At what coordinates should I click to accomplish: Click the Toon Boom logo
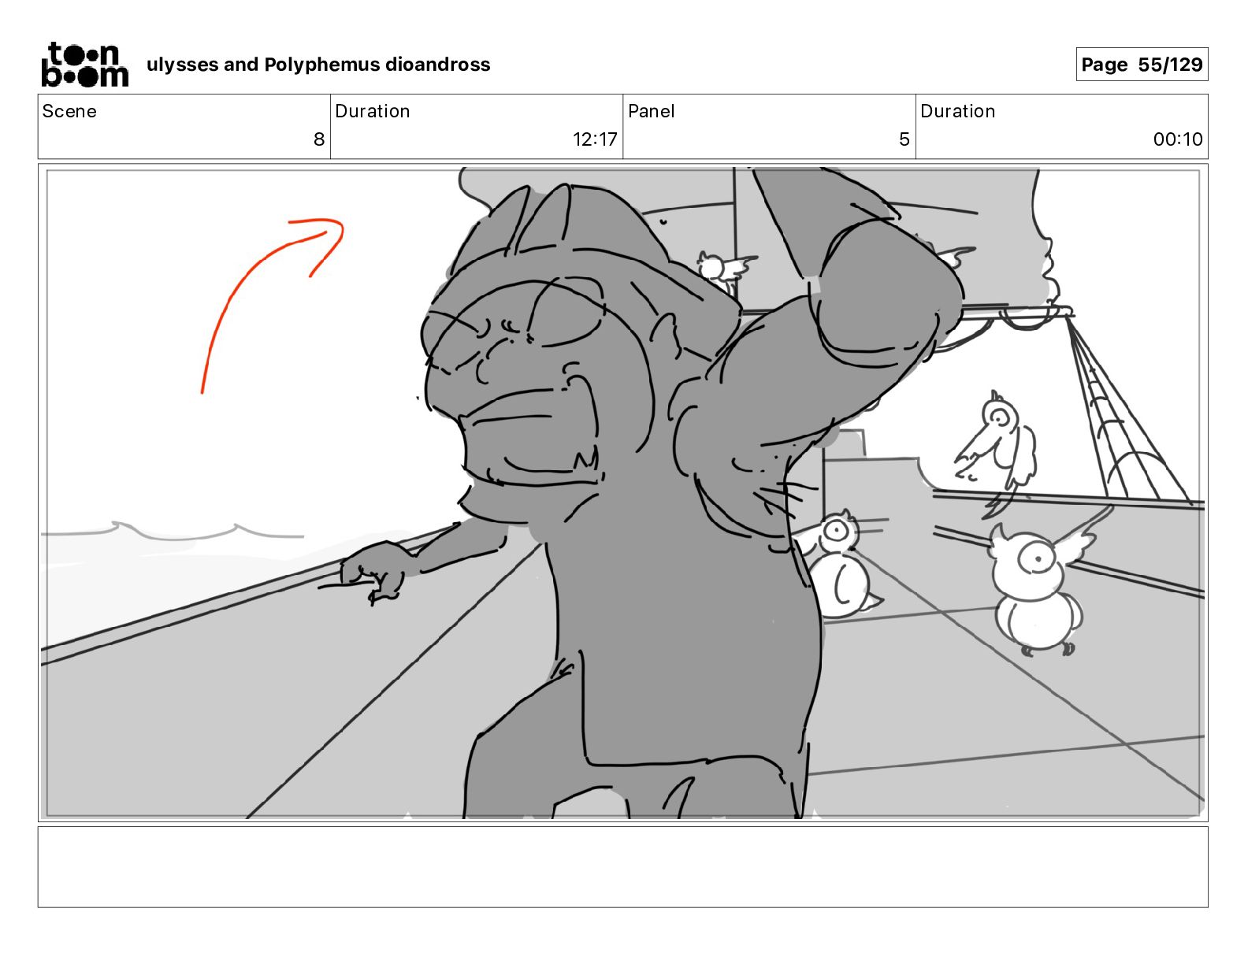[84, 65]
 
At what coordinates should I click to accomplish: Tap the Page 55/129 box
[1141, 65]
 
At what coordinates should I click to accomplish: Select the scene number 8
[319, 139]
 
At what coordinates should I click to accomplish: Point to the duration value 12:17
[594, 139]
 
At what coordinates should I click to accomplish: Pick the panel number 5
[904, 139]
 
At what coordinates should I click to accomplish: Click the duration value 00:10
[1177, 139]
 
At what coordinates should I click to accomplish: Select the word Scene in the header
[69, 111]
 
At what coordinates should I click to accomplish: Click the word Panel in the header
[652, 111]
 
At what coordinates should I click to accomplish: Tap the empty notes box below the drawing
[623, 867]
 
